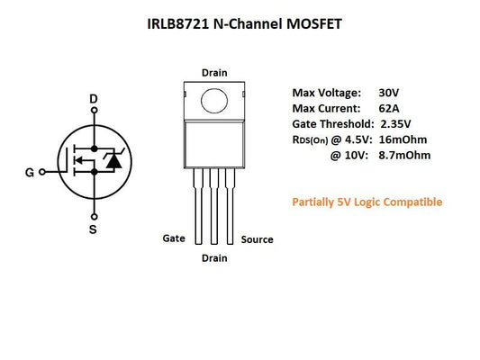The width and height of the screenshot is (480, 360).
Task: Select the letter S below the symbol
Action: [x=94, y=230]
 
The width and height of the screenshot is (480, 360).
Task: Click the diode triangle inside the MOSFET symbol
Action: [x=112, y=162]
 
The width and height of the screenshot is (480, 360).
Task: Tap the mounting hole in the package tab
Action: [x=214, y=99]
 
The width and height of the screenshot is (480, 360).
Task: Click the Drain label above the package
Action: [x=214, y=72]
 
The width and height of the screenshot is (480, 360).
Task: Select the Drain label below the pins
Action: [x=213, y=258]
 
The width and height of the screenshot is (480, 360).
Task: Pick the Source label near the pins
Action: [x=257, y=239]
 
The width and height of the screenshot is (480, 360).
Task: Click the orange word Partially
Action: [x=315, y=202]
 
